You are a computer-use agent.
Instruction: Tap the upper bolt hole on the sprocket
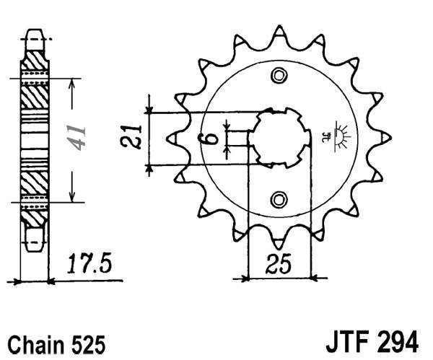pos(279,75)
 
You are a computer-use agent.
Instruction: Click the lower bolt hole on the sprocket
pos(279,198)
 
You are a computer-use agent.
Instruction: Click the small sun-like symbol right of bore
pos(338,134)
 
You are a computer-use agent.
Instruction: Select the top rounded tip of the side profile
pos(34,33)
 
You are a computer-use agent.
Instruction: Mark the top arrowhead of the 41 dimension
pos(71,81)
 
